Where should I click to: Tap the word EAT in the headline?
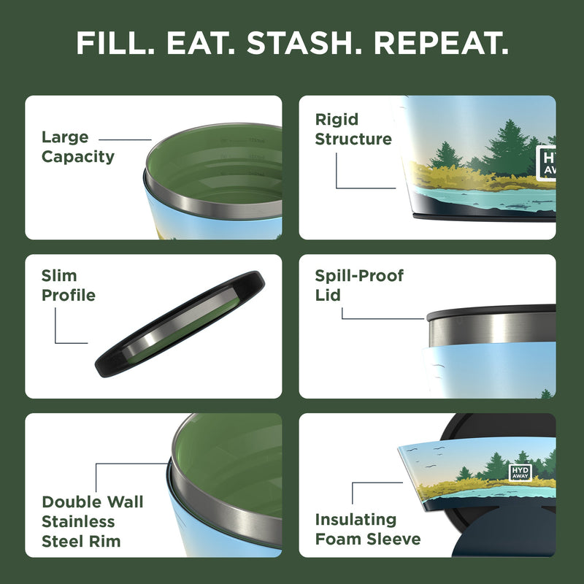201,44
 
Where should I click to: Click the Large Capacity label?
77,147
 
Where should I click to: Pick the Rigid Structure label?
353,129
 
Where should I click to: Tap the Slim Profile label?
68,285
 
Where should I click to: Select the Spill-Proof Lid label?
358,285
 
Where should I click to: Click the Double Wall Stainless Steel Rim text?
92,521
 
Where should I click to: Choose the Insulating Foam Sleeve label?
367,529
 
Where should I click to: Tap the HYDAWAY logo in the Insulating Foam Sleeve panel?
520,472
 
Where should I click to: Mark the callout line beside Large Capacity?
125,139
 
